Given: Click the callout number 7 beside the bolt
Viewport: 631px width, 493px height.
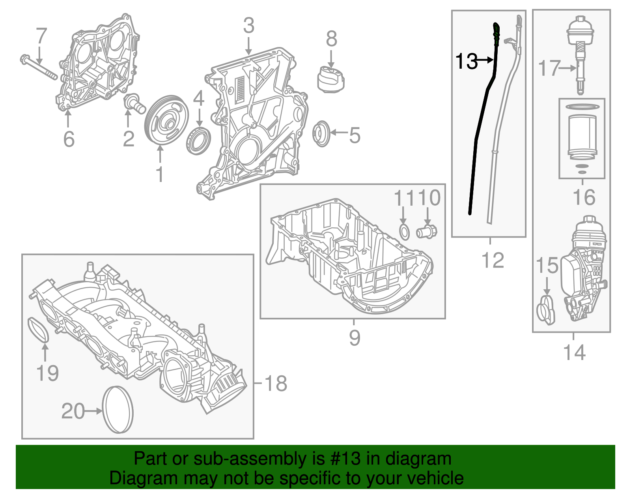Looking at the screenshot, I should [41, 36].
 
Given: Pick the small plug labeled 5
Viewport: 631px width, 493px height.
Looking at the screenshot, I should [321, 134].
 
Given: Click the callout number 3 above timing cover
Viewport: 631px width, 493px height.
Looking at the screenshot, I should [248, 26].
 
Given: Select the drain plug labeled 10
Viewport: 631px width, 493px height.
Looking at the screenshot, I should [427, 231].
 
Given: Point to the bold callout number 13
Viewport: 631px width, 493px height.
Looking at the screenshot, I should [466, 61].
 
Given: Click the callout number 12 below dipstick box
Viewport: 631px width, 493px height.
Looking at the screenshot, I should [493, 261].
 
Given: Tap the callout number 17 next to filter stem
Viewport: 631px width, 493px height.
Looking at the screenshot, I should [549, 68].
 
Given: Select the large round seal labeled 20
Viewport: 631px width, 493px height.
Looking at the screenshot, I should [118, 410].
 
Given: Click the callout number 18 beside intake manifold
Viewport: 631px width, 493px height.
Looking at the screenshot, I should [275, 383].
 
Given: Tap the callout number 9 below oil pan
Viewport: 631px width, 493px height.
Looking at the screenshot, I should [354, 338].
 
